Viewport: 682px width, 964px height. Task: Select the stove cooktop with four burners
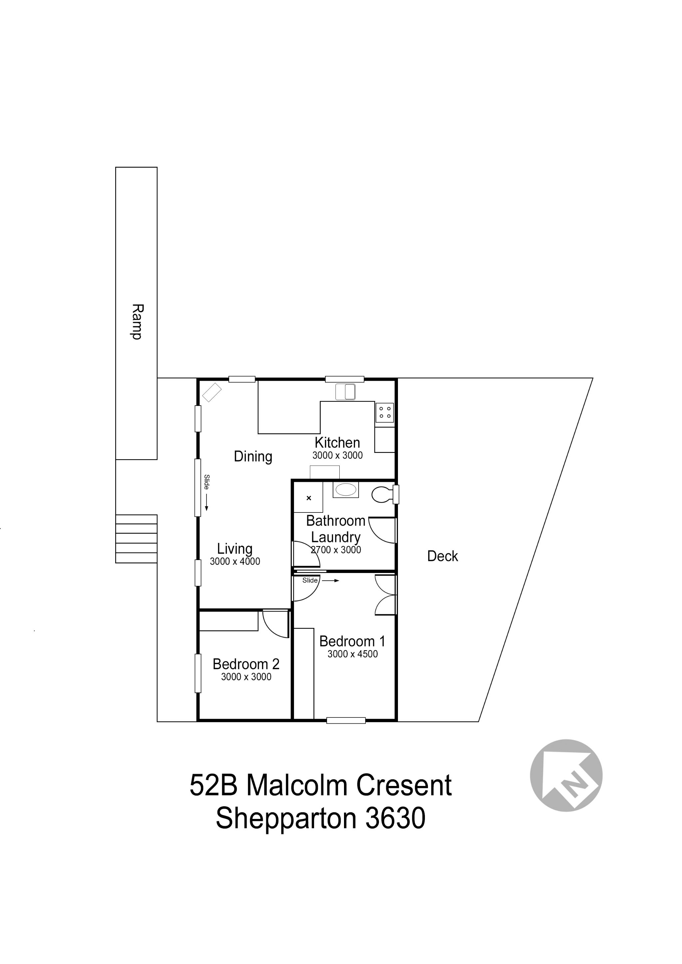[x=385, y=412]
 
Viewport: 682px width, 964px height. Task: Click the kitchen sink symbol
[x=345, y=392]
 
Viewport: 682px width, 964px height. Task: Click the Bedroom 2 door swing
[x=276, y=625]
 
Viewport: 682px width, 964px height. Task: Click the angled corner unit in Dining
[x=212, y=393]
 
